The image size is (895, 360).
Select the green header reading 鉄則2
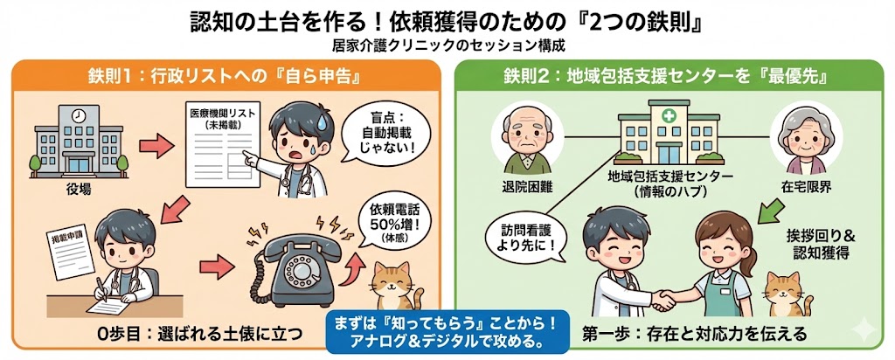[666, 76]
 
